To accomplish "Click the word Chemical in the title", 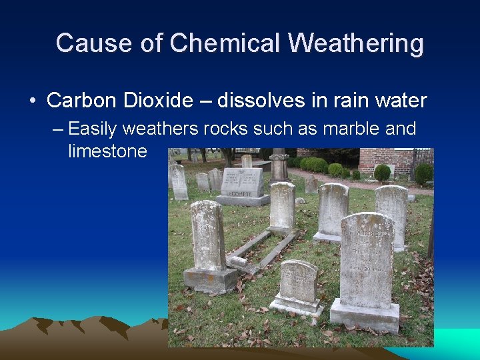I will (225, 43).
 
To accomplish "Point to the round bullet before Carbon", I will (33, 101).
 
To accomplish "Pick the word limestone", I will (107, 151).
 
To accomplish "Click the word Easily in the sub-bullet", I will (97, 128).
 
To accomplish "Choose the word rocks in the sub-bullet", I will (219, 128).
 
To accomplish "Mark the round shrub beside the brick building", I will (382, 173).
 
